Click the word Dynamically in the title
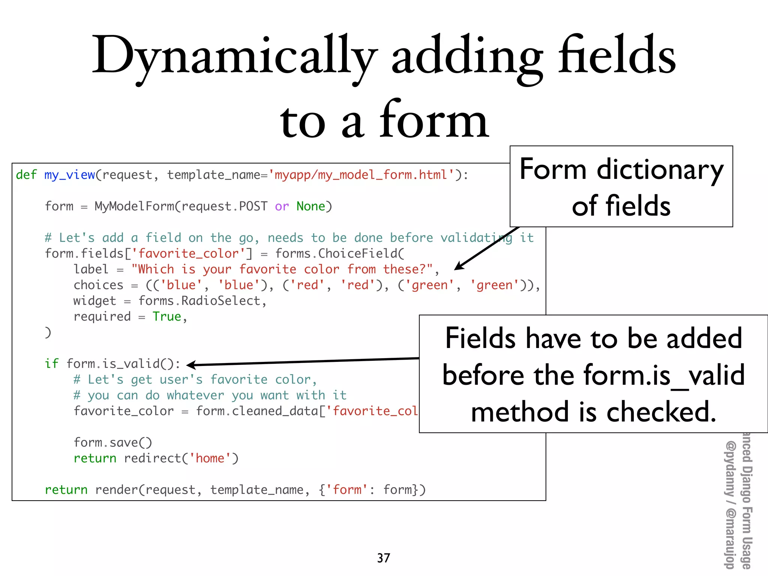(x=234, y=56)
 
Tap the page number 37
(x=384, y=558)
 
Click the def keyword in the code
(x=26, y=175)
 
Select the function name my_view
(x=70, y=175)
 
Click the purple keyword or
(x=282, y=206)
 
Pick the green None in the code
(x=310, y=206)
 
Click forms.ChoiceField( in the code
(x=340, y=253)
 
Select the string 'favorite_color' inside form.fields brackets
(x=189, y=253)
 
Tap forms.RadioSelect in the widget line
(x=199, y=301)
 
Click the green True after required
(x=166, y=316)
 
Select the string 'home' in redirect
(x=210, y=458)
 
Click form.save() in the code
(x=113, y=442)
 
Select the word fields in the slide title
(x=617, y=56)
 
